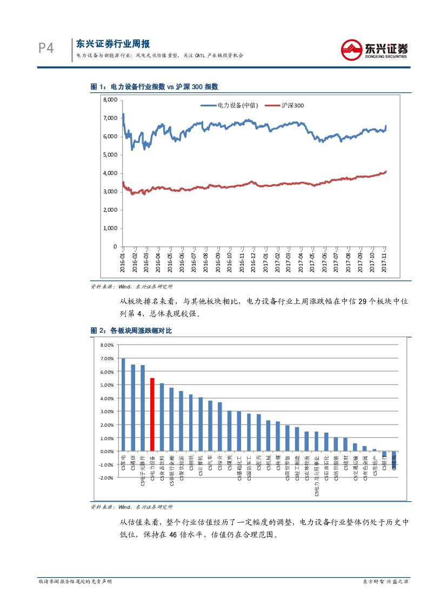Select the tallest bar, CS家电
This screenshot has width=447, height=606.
coord(123,405)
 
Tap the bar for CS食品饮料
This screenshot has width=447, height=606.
coord(162,417)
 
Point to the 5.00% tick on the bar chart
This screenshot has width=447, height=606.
coord(106,385)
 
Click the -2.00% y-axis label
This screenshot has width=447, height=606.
coord(106,478)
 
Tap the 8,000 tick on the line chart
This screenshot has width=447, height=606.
coord(110,100)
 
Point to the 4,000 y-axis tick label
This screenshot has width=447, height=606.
coord(110,173)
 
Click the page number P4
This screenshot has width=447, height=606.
coord(46,49)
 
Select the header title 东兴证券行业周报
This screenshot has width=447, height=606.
coord(112,44)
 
